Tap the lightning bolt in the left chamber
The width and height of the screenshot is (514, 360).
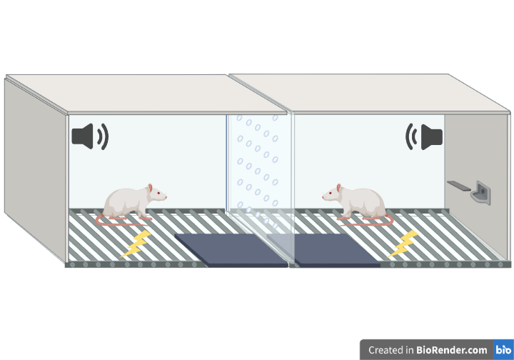pyautogui.click(x=136, y=244)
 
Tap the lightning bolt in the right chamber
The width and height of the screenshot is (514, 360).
pyautogui.click(x=403, y=244)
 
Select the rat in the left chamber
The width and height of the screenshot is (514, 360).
pyautogui.click(x=133, y=204)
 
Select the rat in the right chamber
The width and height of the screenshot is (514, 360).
pyautogui.click(x=358, y=204)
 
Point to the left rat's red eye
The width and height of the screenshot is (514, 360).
pyautogui.click(x=158, y=193)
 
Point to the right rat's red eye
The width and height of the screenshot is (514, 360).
pyautogui.click(x=330, y=193)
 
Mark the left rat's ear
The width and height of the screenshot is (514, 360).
pyautogui.click(x=150, y=188)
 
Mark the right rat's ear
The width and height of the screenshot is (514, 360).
pyautogui.click(x=338, y=188)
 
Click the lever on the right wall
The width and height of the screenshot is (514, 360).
pyautogui.click(x=459, y=186)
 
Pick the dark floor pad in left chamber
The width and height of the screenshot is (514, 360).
pyautogui.click(x=231, y=250)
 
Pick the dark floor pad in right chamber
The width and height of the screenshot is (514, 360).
pyautogui.click(x=336, y=250)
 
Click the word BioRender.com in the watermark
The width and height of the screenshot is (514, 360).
pyautogui.click(x=451, y=350)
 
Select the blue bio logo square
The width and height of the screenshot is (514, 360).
pyautogui.click(x=503, y=349)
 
